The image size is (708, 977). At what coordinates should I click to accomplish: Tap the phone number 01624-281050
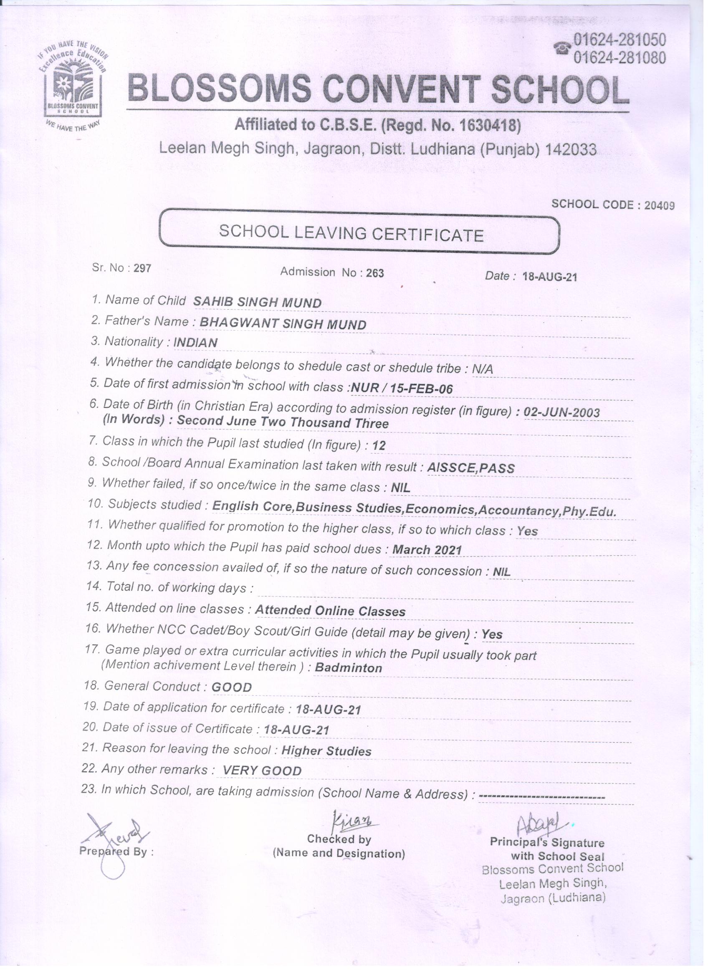click(x=619, y=40)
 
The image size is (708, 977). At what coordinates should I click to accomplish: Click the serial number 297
click(x=142, y=268)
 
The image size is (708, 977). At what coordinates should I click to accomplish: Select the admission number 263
click(x=374, y=273)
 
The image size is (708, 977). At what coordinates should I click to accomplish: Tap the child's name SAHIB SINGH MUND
click(x=257, y=303)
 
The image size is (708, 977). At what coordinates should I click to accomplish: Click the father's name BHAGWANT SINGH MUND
click(x=283, y=324)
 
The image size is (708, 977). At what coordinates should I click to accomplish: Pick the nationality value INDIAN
click(x=195, y=343)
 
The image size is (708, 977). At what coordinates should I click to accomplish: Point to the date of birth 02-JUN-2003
click(x=561, y=412)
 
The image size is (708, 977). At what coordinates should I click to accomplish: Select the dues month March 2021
click(x=427, y=550)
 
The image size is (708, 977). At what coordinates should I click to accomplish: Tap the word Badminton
click(x=348, y=668)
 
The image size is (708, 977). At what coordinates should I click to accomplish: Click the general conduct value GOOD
click(x=232, y=687)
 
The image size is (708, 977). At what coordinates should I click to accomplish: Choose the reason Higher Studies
click(x=326, y=751)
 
